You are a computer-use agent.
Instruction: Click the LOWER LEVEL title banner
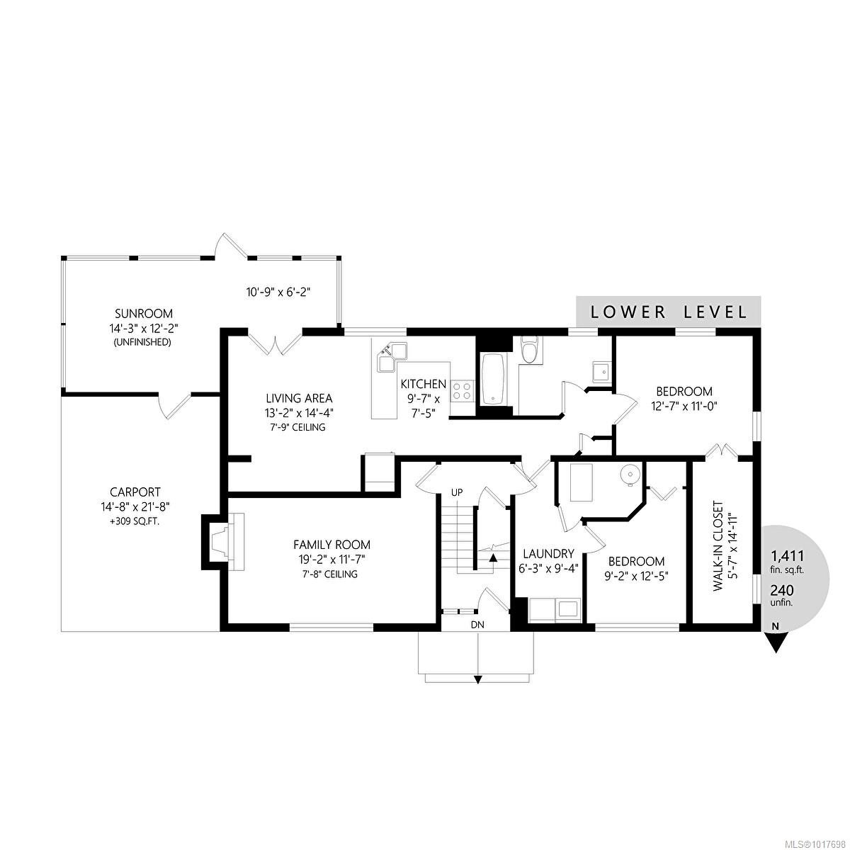coord(668,312)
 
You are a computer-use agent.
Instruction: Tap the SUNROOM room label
coord(144,314)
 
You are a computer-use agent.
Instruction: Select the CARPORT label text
coord(135,492)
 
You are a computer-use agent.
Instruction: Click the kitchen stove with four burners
coord(462,390)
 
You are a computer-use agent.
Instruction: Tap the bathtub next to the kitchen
coord(493,379)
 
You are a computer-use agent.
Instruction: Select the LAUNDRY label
coord(548,554)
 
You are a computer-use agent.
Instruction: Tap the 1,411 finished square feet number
coord(787,555)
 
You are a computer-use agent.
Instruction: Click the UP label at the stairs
coord(457,492)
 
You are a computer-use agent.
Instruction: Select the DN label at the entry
coord(477,625)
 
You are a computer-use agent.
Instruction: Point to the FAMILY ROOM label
coord(331,545)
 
